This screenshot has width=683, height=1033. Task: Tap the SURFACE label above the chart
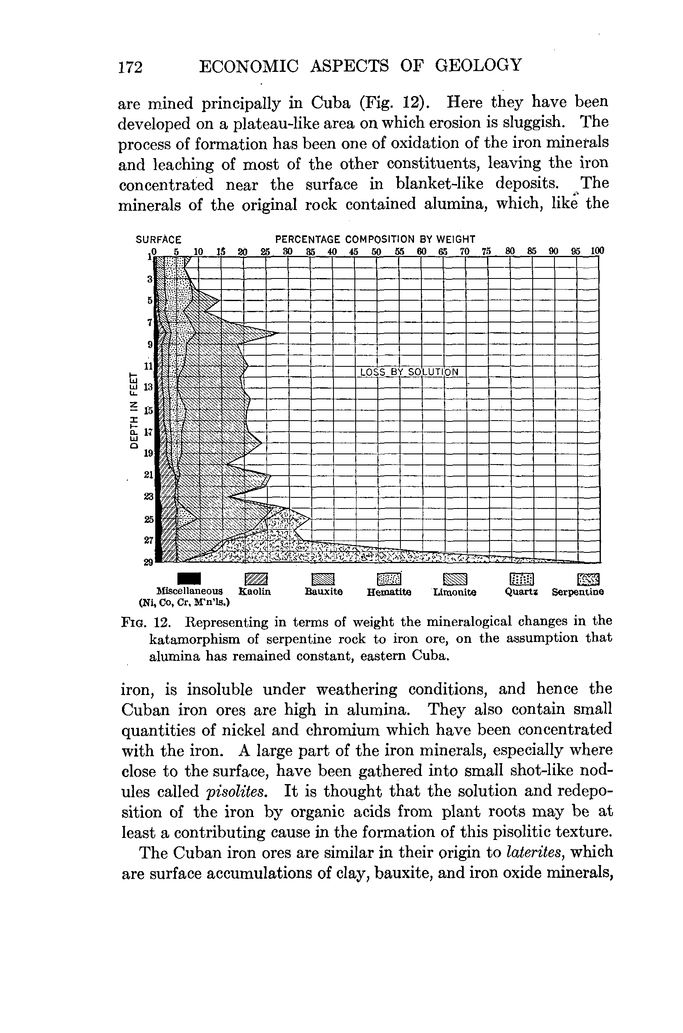(x=159, y=239)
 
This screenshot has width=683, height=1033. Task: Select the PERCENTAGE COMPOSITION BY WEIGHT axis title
(x=375, y=239)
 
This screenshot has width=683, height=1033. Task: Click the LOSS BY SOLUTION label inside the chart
(x=409, y=372)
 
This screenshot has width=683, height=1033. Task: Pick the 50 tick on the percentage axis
(x=376, y=251)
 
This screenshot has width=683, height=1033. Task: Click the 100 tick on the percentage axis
(x=597, y=251)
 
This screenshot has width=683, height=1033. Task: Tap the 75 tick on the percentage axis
(x=487, y=251)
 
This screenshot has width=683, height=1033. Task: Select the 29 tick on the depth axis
(x=148, y=562)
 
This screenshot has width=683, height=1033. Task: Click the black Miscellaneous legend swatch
(x=189, y=578)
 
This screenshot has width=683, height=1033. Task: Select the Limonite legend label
(x=455, y=592)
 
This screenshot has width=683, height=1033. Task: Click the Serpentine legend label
(x=577, y=592)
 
